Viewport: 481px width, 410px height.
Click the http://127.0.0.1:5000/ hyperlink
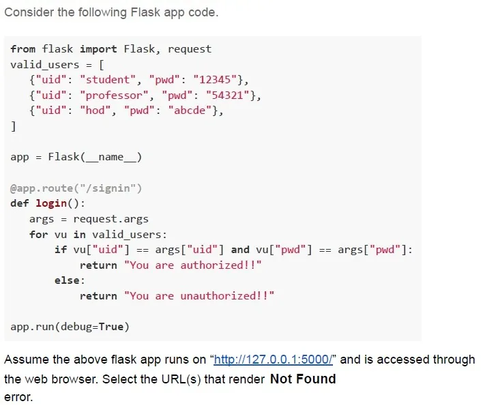tap(273, 360)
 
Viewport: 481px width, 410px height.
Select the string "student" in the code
tap(108, 80)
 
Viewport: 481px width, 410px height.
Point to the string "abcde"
tap(190, 111)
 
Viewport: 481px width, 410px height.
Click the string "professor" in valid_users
tap(114, 95)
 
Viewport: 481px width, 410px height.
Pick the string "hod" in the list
tap(95, 111)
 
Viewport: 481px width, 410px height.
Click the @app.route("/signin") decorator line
tap(76, 188)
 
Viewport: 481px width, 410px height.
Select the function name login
tap(51, 203)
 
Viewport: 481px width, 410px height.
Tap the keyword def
tap(20, 203)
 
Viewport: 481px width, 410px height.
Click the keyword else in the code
tap(67, 280)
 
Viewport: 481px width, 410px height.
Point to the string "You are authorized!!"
tap(192, 265)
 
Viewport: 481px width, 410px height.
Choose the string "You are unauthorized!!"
tap(199, 296)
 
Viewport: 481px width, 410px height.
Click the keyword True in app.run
tap(111, 327)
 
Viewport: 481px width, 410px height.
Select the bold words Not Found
tap(303, 379)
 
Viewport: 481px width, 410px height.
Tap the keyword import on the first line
tap(98, 49)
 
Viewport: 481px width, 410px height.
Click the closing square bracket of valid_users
tap(13, 126)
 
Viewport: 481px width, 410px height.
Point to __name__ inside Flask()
tap(111, 158)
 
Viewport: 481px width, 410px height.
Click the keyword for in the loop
tap(39, 235)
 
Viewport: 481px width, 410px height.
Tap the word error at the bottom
tap(18, 398)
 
